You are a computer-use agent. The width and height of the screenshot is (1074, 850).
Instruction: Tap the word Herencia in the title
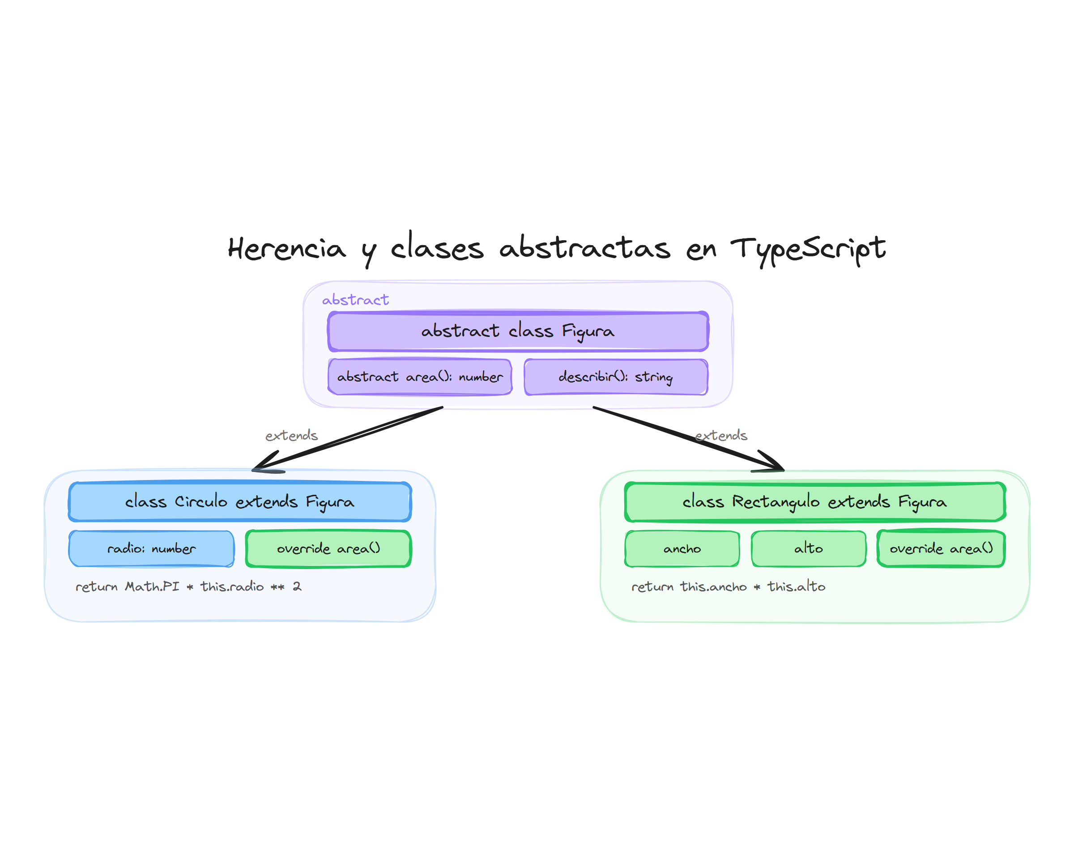(x=286, y=249)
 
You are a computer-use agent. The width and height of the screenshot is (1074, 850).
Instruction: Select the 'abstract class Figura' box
(x=518, y=331)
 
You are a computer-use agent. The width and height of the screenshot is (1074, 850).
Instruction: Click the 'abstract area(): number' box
(x=420, y=377)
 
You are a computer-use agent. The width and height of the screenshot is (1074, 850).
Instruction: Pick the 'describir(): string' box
(x=616, y=377)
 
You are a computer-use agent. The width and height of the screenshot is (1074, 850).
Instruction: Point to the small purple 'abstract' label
(x=355, y=300)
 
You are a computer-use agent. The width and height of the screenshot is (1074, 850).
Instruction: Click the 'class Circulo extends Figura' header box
(x=239, y=501)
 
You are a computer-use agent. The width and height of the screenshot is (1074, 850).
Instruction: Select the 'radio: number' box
(x=151, y=548)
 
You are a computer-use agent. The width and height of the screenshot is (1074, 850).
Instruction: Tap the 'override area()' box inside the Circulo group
(x=328, y=548)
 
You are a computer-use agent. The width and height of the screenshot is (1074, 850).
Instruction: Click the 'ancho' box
(x=682, y=548)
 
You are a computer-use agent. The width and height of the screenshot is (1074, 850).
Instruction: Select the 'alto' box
(x=808, y=548)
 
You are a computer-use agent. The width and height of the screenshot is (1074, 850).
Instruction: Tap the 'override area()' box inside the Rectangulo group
(x=940, y=548)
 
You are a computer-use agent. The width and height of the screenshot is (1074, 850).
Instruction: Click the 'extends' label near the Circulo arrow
(x=291, y=435)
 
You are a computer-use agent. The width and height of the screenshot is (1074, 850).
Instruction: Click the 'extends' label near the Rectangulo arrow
(x=720, y=435)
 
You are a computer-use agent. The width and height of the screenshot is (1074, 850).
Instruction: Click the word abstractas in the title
(x=584, y=249)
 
